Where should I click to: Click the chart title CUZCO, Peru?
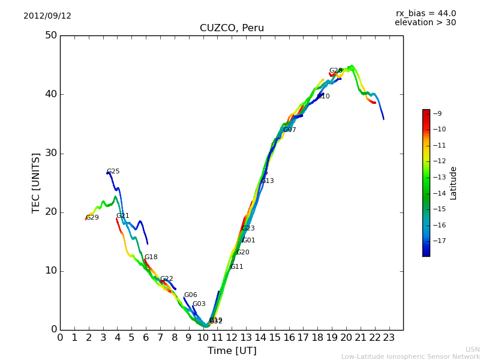232,28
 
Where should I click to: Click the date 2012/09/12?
47,16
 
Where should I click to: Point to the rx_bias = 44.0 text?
425,14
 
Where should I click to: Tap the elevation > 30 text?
425,23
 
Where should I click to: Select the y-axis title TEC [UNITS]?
36,182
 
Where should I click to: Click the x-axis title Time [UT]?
232,351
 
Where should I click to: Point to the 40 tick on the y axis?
50,94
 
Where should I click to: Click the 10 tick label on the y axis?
50,271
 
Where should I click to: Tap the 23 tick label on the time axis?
389,338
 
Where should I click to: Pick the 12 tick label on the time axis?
232,338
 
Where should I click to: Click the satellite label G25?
113,172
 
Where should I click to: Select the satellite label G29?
92,218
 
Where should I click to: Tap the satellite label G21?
123,216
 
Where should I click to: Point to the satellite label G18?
151,257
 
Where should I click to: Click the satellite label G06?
191,295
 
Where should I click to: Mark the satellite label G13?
268,181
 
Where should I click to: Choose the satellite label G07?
290,130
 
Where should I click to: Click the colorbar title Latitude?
454,183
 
